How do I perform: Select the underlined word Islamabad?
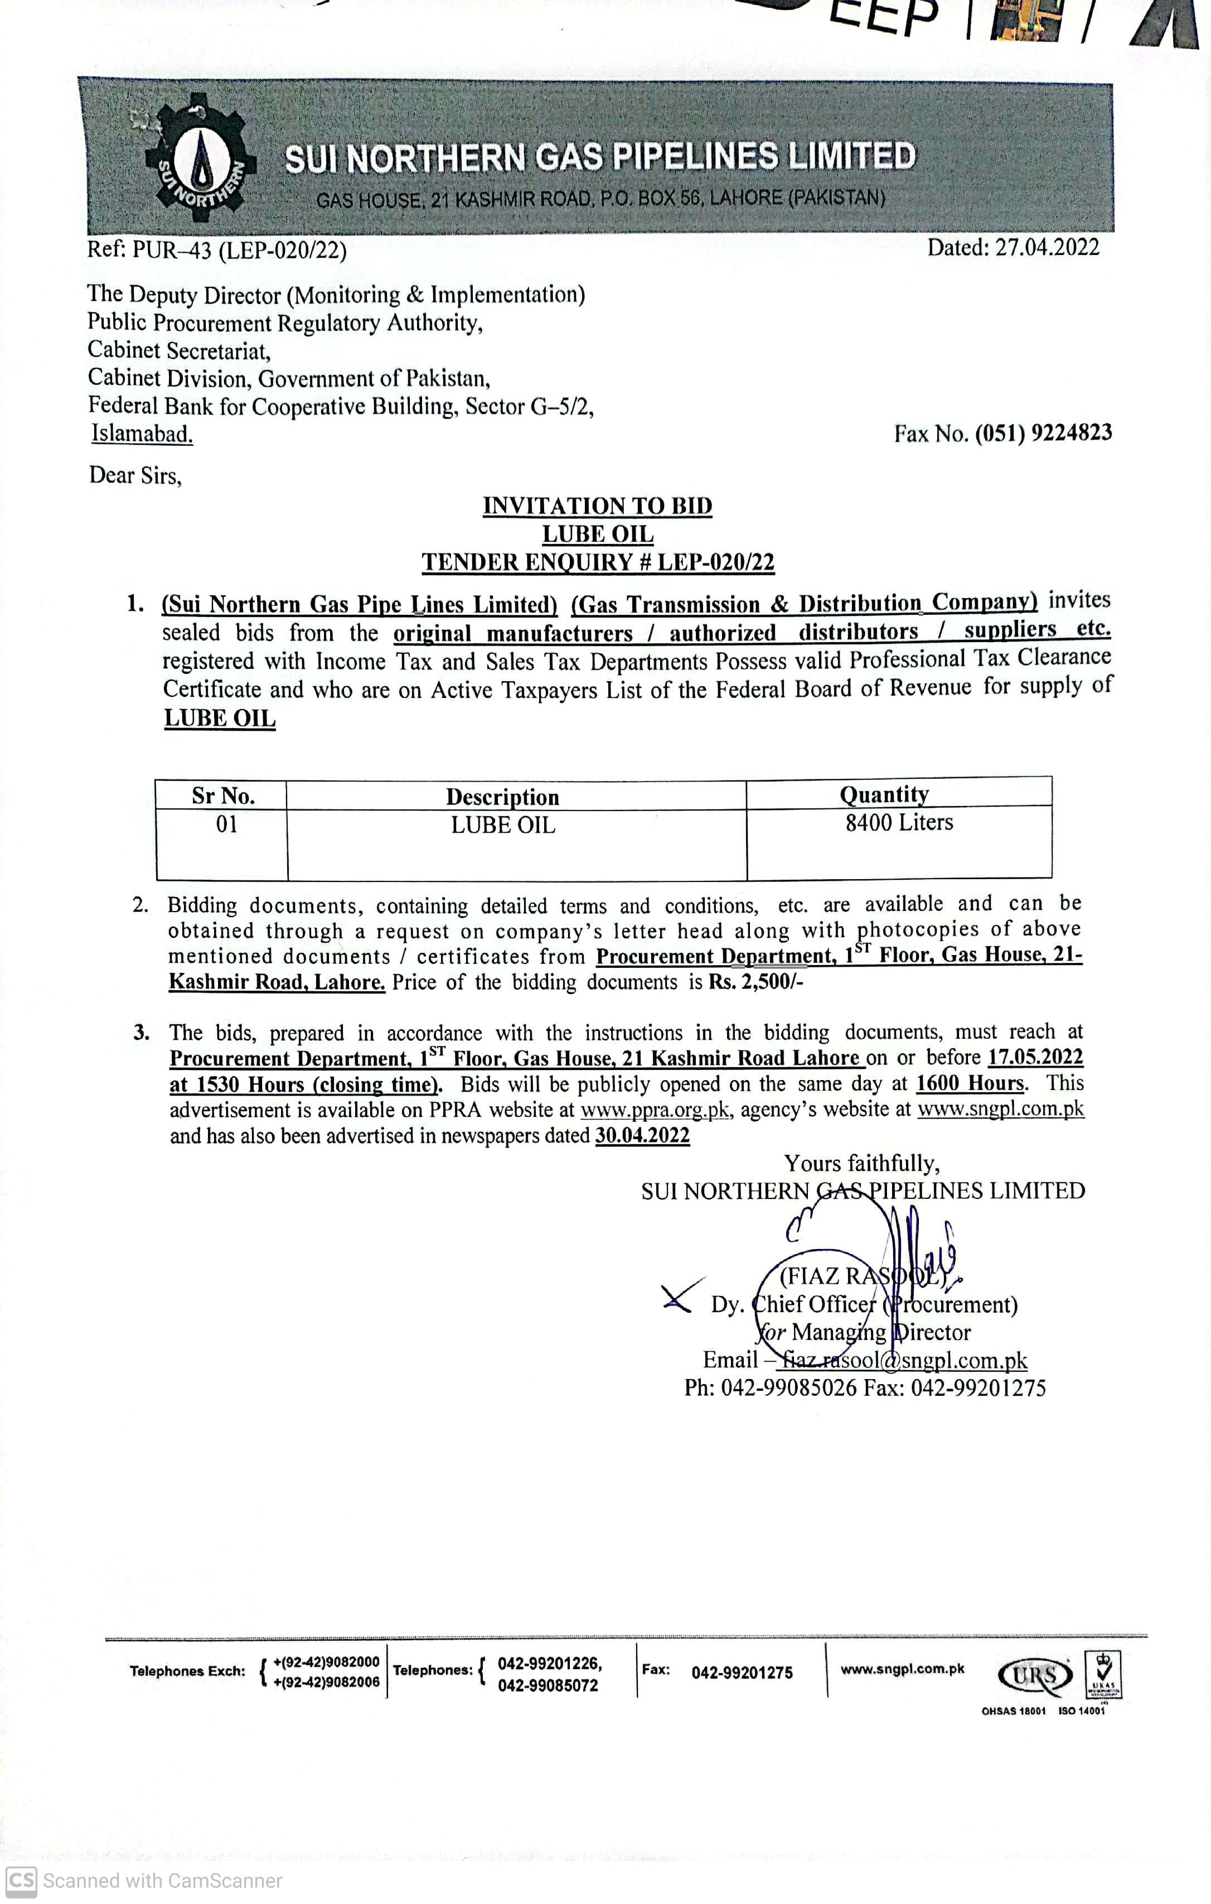tap(142, 433)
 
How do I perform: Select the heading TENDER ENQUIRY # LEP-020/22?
tap(598, 562)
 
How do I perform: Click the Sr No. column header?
tap(223, 796)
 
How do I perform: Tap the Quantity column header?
tap(884, 793)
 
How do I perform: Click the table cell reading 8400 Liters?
tap(899, 822)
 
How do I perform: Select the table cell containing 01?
tap(227, 824)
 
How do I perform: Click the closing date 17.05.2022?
tap(1035, 1057)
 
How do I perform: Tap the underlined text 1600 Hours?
tap(970, 1083)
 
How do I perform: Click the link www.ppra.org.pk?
tap(655, 1110)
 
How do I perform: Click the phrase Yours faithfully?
tap(861, 1163)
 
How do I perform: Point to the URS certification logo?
tap(1035, 1675)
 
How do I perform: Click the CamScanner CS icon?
tap(21, 1880)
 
